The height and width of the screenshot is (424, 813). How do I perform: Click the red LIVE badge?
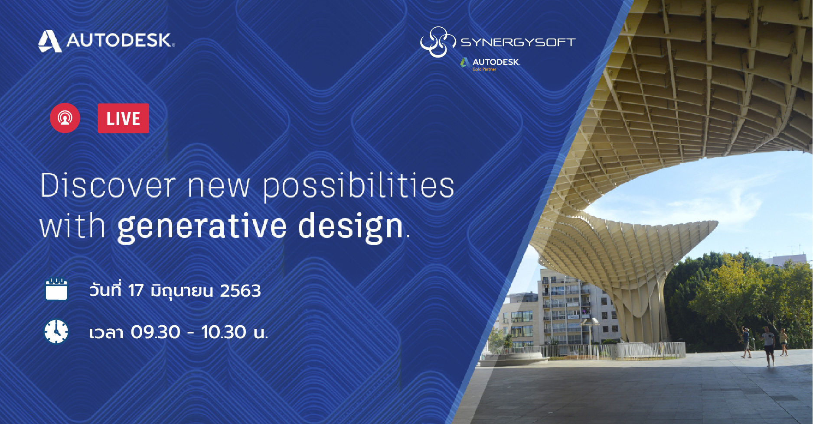(123, 118)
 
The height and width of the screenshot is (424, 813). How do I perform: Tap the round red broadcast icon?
(65, 118)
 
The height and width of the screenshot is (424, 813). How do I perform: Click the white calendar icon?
(56, 289)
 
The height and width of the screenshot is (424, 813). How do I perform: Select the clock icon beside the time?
(56, 332)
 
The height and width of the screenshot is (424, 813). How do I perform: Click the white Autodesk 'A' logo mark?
(49, 41)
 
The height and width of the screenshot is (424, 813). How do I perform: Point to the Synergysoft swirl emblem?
(437, 42)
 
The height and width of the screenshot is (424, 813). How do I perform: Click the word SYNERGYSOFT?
(518, 42)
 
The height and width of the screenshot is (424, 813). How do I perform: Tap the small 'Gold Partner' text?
(484, 69)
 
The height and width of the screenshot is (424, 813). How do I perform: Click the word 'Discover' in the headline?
(108, 185)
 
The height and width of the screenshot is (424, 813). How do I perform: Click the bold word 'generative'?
(202, 227)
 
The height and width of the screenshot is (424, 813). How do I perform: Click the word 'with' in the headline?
(72, 226)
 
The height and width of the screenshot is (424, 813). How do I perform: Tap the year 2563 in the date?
(240, 291)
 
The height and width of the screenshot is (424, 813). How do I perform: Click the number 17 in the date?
(136, 291)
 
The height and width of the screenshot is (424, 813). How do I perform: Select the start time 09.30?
(156, 332)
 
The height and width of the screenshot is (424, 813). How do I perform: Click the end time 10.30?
(224, 332)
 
